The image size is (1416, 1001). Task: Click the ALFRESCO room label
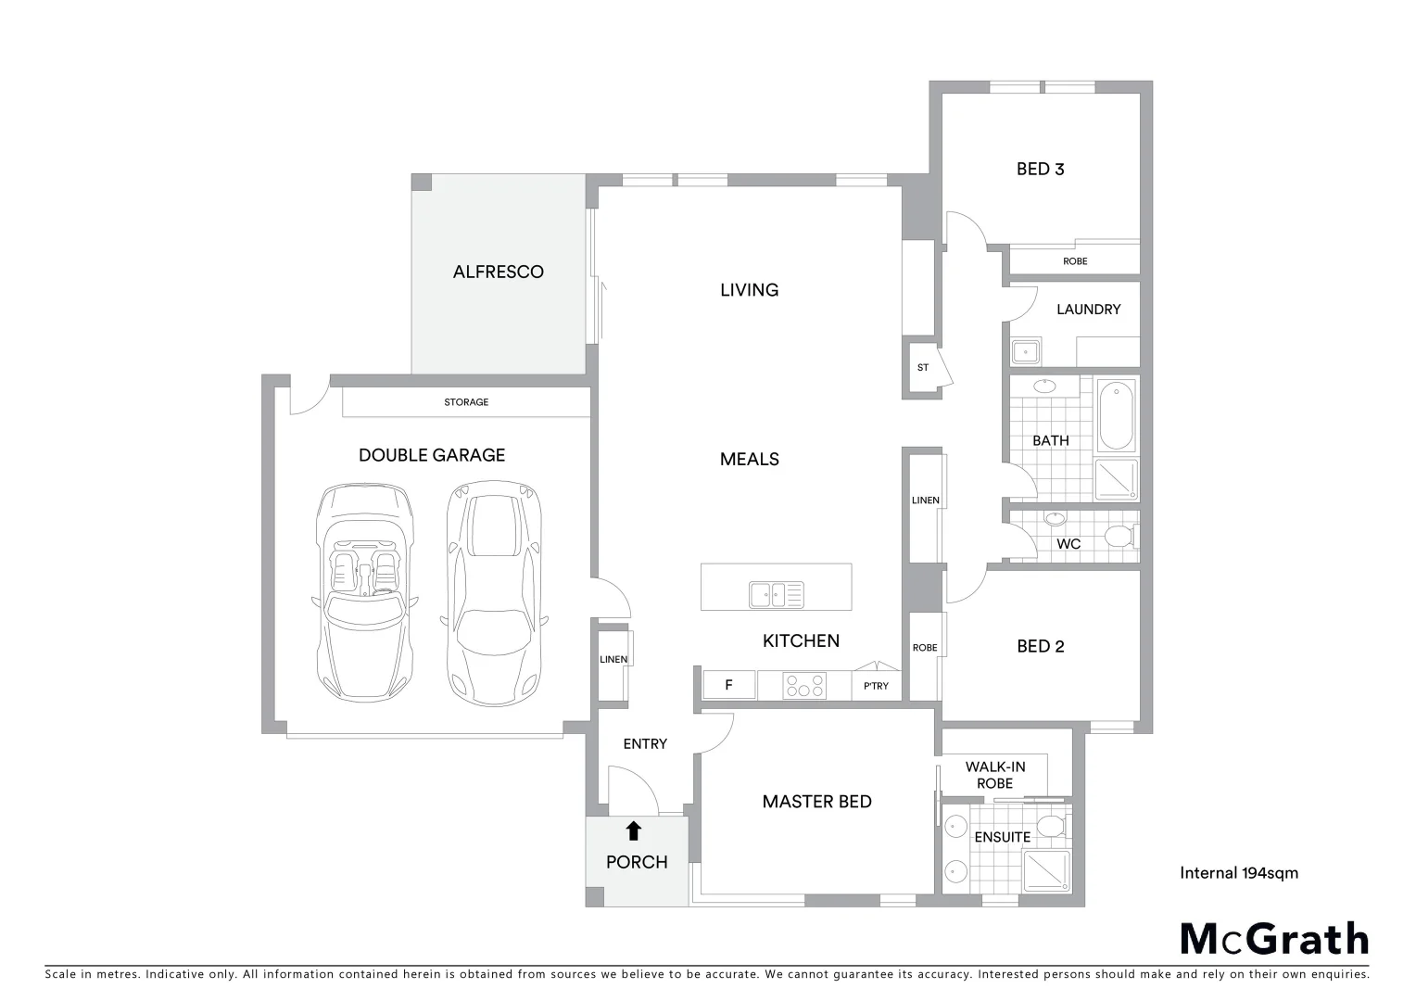(x=498, y=272)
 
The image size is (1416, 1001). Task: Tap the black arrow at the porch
(x=634, y=830)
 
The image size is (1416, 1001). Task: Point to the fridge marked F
(x=728, y=685)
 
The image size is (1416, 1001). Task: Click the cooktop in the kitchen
(x=804, y=686)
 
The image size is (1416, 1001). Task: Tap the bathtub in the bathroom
(x=1116, y=414)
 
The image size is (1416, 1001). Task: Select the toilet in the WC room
(x=1120, y=537)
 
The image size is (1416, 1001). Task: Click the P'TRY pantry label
(x=876, y=686)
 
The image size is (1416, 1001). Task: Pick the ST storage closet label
(x=923, y=368)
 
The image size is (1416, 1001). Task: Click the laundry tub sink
(x=1025, y=351)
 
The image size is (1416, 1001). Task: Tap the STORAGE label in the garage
(x=466, y=402)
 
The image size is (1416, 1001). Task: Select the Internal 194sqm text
(x=1239, y=872)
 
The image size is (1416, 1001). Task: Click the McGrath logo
(x=1274, y=939)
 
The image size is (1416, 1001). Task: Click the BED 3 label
(x=1040, y=169)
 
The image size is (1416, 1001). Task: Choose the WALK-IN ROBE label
(x=995, y=775)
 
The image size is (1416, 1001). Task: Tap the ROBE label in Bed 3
(x=1075, y=261)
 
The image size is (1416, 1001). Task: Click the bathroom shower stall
(x=1116, y=480)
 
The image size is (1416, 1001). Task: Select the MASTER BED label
(x=816, y=802)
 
